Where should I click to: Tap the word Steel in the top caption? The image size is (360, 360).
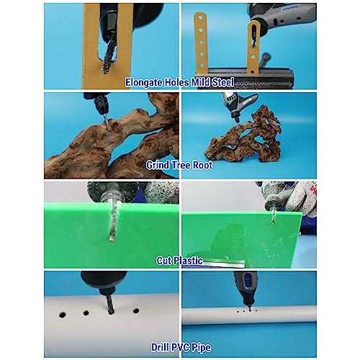(222, 82)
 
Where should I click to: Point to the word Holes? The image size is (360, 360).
(176, 82)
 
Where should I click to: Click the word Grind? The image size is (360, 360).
(157, 165)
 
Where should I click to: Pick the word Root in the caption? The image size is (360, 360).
(203, 165)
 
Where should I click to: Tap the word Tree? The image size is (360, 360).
(181, 165)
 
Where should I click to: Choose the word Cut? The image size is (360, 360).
(164, 261)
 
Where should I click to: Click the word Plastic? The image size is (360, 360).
(188, 261)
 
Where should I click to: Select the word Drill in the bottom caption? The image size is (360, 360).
(160, 347)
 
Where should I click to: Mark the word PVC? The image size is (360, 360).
(181, 347)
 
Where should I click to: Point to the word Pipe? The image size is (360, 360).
(202, 348)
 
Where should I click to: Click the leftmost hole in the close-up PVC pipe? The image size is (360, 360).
(63, 315)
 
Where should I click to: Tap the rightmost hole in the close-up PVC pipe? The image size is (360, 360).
(136, 311)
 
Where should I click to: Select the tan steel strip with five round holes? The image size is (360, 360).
(201, 42)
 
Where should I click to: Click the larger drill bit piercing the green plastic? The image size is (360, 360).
(112, 221)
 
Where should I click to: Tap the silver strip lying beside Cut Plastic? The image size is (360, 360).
(224, 264)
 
